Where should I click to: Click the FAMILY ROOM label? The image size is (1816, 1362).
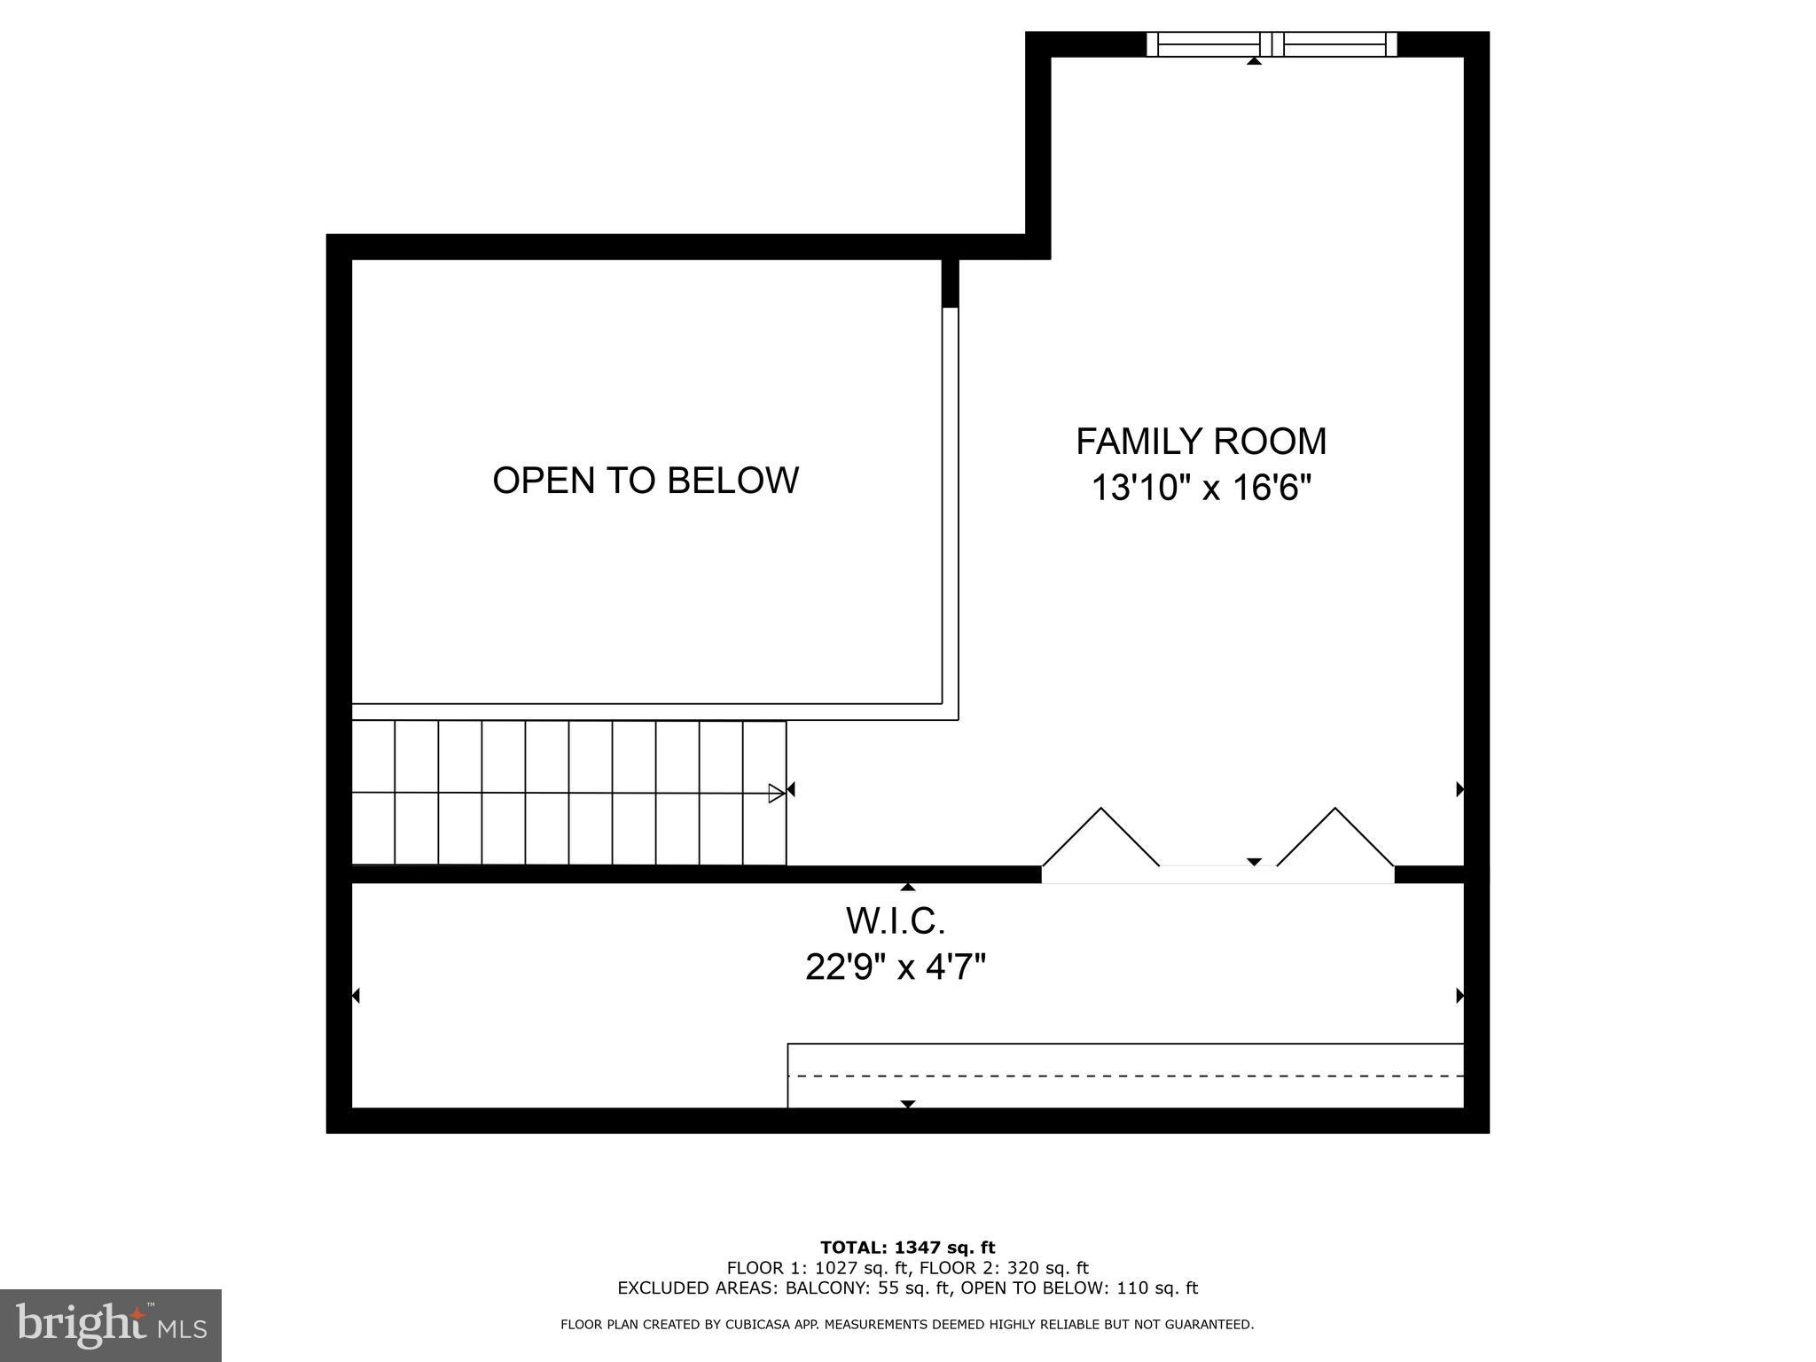[x=1201, y=442]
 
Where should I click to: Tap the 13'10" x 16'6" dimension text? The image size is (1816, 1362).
[x=1201, y=488]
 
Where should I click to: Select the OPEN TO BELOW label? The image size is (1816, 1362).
[x=646, y=481]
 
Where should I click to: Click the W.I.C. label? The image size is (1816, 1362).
[x=896, y=921]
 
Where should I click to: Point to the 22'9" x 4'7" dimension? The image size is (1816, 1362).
[x=896, y=967]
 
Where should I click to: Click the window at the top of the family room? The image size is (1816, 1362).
[x=1272, y=44]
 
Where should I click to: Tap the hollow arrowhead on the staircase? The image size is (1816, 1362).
[x=776, y=793]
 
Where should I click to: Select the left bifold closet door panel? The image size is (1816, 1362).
[x=1100, y=837]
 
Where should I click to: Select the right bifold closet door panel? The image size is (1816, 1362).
[x=1335, y=837]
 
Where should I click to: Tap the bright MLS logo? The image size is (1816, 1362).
[x=110, y=1325]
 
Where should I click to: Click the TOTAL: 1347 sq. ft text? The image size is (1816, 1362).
[x=907, y=1248]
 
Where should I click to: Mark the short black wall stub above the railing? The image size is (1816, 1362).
[x=950, y=283]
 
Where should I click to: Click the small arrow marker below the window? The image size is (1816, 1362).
[x=1254, y=61]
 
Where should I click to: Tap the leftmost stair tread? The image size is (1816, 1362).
[x=373, y=792]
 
